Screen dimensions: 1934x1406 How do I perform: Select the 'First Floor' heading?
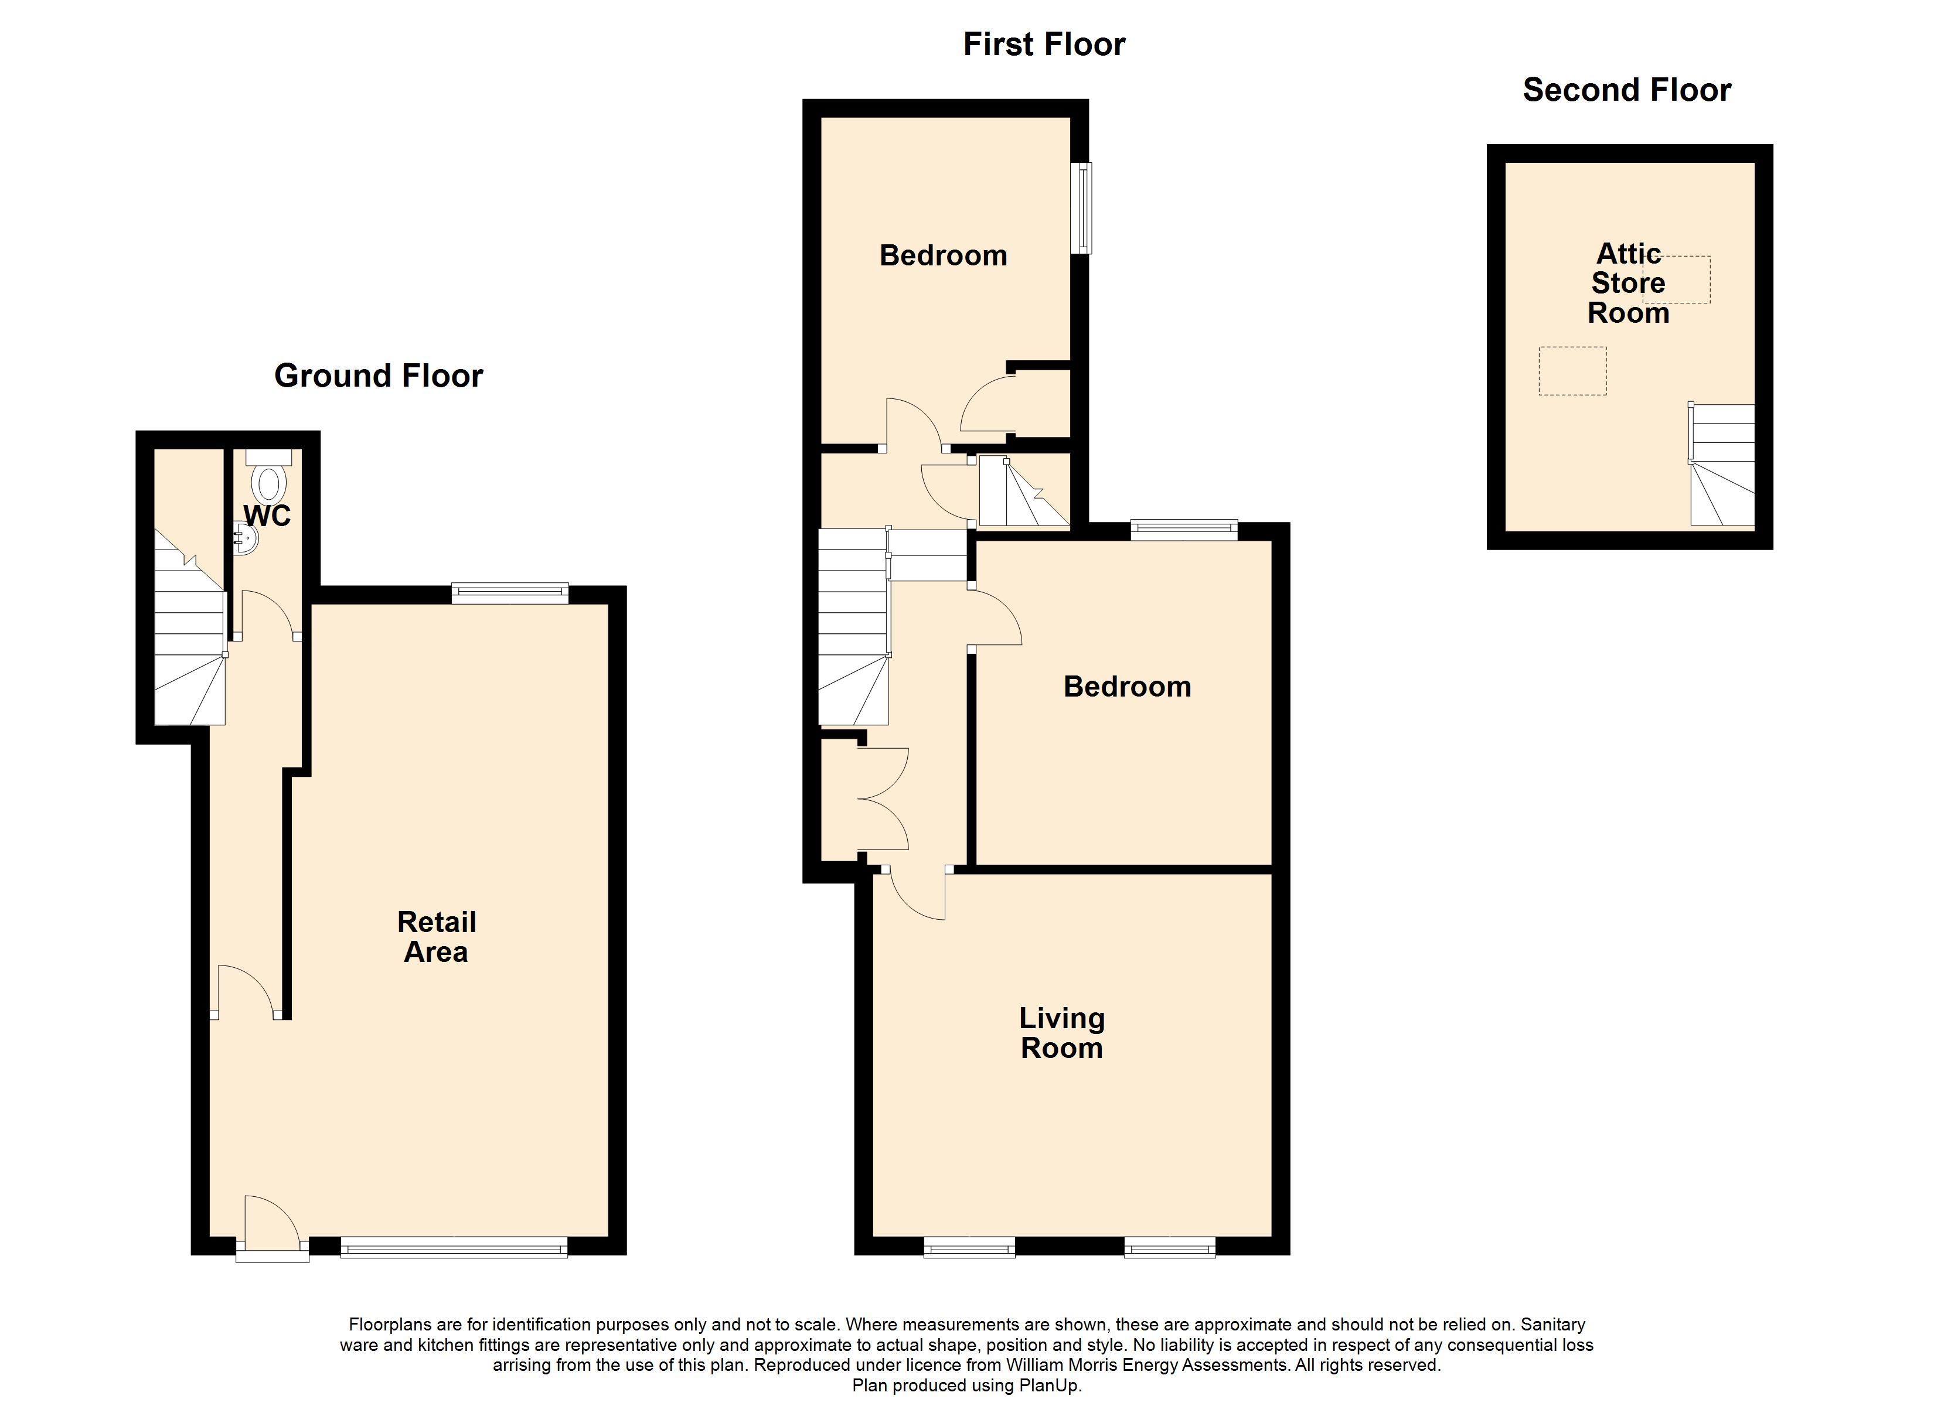(x=1044, y=45)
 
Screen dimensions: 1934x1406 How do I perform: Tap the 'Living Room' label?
(x=1062, y=1033)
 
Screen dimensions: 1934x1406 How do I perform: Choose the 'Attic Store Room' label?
(x=1628, y=283)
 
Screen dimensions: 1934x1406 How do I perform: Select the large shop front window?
(x=454, y=1247)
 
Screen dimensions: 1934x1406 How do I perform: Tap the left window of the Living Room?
(x=969, y=1247)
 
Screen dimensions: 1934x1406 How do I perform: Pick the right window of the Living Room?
(x=1170, y=1247)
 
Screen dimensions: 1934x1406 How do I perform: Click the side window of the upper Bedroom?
(x=1081, y=208)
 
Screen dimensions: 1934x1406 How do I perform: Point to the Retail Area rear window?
(x=510, y=593)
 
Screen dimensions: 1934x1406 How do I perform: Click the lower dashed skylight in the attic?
(x=1572, y=371)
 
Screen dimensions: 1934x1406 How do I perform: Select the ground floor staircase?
(x=190, y=627)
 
